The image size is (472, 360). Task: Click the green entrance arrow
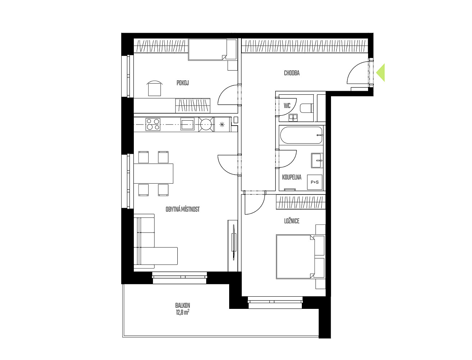click(x=381, y=73)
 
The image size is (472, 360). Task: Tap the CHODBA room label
click(x=292, y=73)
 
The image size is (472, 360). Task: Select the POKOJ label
click(x=182, y=83)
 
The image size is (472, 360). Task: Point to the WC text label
click(x=287, y=105)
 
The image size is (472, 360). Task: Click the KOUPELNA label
click(x=292, y=177)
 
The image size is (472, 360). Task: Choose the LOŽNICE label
click(x=292, y=221)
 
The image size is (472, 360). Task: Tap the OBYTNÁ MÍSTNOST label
click(x=182, y=209)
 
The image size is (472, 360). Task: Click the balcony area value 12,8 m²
click(x=182, y=312)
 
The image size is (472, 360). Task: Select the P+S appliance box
click(x=314, y=182)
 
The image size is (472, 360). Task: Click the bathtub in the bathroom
click(x=301, y=135)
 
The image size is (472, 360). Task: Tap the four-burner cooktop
click(x=153, y=124)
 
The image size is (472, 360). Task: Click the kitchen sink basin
click(x=187, y=124)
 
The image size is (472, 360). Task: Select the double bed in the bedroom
click(x=300, y=257)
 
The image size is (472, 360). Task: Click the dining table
click(x=154, y=174)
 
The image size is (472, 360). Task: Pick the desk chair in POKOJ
click(x=154, y=88)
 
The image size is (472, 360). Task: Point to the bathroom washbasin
click(x=317, y=161)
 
